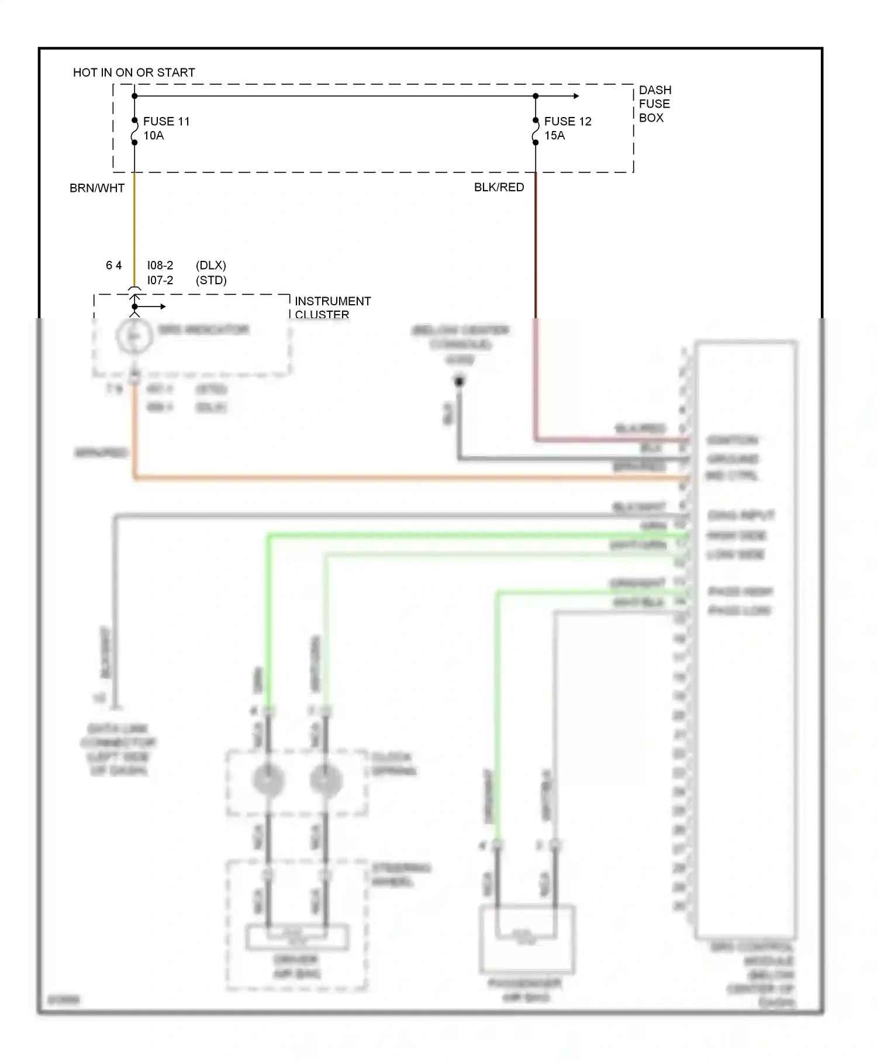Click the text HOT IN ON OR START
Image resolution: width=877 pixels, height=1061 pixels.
[x=134, y=73]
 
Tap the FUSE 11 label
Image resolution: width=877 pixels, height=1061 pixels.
[x=166, y=122]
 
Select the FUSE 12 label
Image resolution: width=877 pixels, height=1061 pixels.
[x=568, y=122]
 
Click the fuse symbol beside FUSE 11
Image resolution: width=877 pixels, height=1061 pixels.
[x=134, y=131]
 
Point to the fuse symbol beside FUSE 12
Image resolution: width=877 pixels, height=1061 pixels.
[x=536, y=131]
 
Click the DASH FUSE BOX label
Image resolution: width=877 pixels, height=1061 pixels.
[x=654, y=104]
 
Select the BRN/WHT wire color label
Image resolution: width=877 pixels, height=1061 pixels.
[x=97, y=188]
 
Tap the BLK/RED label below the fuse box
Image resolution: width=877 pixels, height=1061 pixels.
[x=499, y=187]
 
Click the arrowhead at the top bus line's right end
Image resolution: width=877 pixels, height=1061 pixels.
[x=576, y=96]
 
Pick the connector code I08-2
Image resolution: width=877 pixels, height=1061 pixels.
[x=160, y=266]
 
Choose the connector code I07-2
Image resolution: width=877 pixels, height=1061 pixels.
[x=160, y=281]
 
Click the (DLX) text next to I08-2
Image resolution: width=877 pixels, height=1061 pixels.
[x=211, y=266]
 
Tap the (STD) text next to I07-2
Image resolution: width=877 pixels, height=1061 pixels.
[x=211, y=281]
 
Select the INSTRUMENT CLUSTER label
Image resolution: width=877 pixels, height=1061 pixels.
[x=332, y=308]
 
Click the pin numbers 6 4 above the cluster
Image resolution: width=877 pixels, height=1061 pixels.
[x=113, y=266]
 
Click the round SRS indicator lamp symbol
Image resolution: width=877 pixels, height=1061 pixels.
[x=134, y=336]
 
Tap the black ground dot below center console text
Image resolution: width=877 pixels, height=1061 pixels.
[x=460, y=382]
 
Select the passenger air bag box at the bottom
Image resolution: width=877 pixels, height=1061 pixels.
[x=527, y=939]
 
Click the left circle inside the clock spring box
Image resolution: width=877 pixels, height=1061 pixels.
[x=268, y=780]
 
